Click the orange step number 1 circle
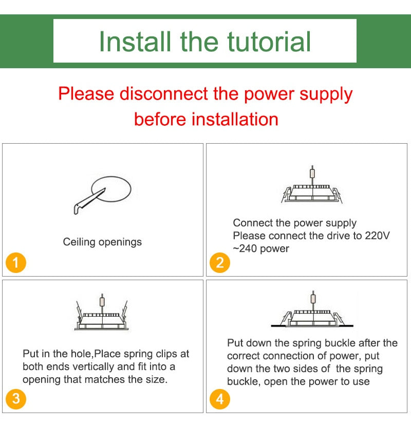pos(16,262)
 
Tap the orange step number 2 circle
pos(220,262)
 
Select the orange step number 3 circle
pos(16,399)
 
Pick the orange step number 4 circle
pos(220,399)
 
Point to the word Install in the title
pos(135,42)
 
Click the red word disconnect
pos(164,93)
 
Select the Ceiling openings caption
pos(102,242)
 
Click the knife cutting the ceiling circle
pos(89,202)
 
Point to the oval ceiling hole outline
pos(111,177)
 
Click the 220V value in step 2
pos(377,236)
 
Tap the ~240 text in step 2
pos(245,249)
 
